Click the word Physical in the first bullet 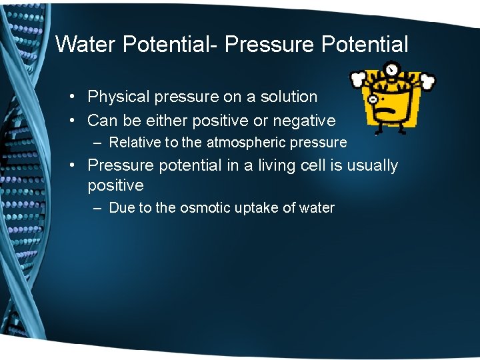click(x=118, y=97)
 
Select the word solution click(x=287, y=97)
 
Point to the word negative click(x=304, y=121)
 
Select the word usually click(x=372, y=165)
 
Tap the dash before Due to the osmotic click(x=98, y=208)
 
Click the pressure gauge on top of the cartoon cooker click(x=391, y=69)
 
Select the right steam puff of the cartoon click(x=427, y=81)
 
